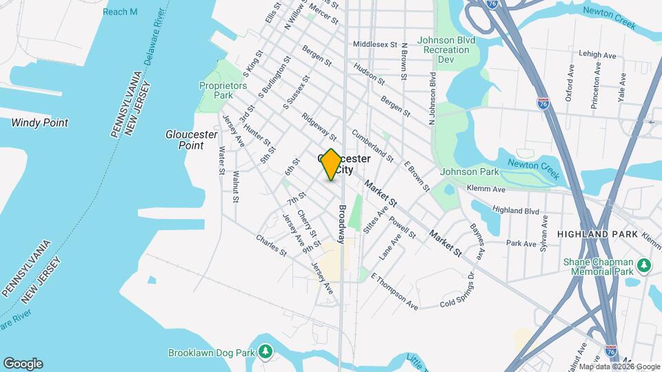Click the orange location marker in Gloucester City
click(331, 165)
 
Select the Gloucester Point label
click(185, 140)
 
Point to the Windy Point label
click(39, 123)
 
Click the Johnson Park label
click(469, 172)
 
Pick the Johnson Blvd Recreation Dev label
click(446, 50)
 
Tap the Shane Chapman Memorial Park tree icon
click(644, 265)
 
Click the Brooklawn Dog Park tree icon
click(265, 353)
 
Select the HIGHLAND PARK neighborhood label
click(597, 234)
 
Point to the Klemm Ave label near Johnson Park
click(485, 187)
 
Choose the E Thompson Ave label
click(394, 291)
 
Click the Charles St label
click(271, 246)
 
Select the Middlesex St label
click(376, 44)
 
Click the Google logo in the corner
click(23, 364)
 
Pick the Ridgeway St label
click(319, 127)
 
